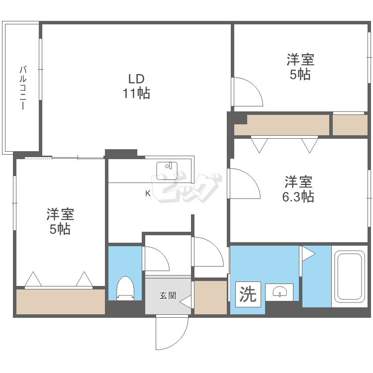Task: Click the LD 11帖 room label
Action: click(x=136, y=86)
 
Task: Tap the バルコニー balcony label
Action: click(x=23, y=88)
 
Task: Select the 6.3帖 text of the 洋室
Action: click(x=298, y=196)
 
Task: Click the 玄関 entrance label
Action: click(x=167, y=295)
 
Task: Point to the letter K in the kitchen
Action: click(x=148, y=193)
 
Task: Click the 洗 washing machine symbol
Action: click(x=248, y=294)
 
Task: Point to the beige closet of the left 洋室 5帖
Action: click(x=60, y=301)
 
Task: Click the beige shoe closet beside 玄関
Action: click(x=210, y=297)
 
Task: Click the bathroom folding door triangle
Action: click(x=307, y=254)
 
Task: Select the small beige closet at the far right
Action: click(x=350, y=125)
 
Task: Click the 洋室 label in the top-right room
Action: click(x=300, y=60)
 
